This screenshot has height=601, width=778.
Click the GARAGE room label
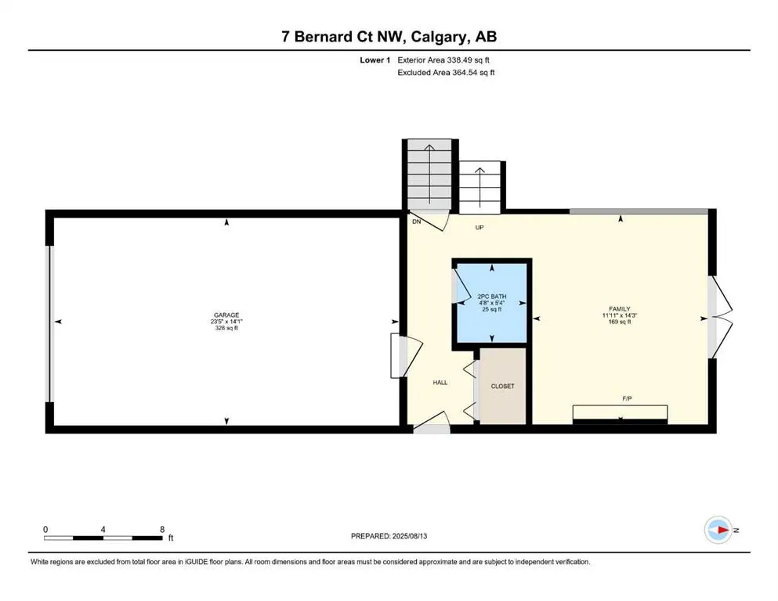226,315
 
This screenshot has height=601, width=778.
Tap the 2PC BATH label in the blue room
492,297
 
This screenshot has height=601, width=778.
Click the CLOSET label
502,387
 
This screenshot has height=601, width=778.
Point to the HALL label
440,383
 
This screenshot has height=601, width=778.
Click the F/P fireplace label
628,399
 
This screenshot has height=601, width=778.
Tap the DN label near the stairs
417,222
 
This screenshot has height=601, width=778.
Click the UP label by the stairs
479,228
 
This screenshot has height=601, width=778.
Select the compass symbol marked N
718,530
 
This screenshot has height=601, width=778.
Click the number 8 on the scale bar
162,529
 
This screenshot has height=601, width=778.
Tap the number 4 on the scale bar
103,529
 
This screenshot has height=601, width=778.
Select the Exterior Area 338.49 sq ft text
447,59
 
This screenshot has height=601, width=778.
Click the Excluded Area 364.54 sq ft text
447,73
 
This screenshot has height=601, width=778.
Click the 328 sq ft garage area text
226,329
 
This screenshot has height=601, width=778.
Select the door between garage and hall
404,354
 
